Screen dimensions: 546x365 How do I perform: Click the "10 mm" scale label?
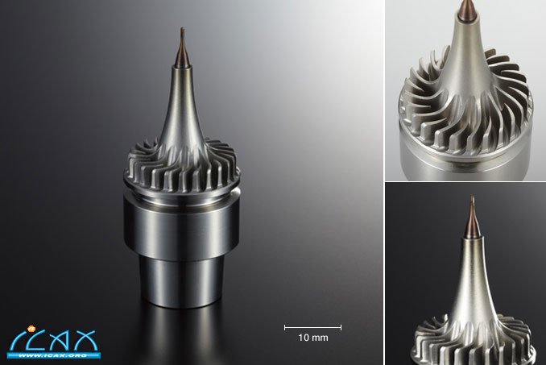[312, 338]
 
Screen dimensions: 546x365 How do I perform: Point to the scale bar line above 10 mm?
[312, 327]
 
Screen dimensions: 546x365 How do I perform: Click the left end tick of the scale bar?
[285, 327]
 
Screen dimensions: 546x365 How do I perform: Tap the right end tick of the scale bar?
[341, 327]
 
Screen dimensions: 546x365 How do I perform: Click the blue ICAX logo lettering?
[53, 340]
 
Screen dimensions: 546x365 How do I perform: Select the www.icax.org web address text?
[53, 355]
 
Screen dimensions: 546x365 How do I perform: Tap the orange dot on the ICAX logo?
[31, 327]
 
